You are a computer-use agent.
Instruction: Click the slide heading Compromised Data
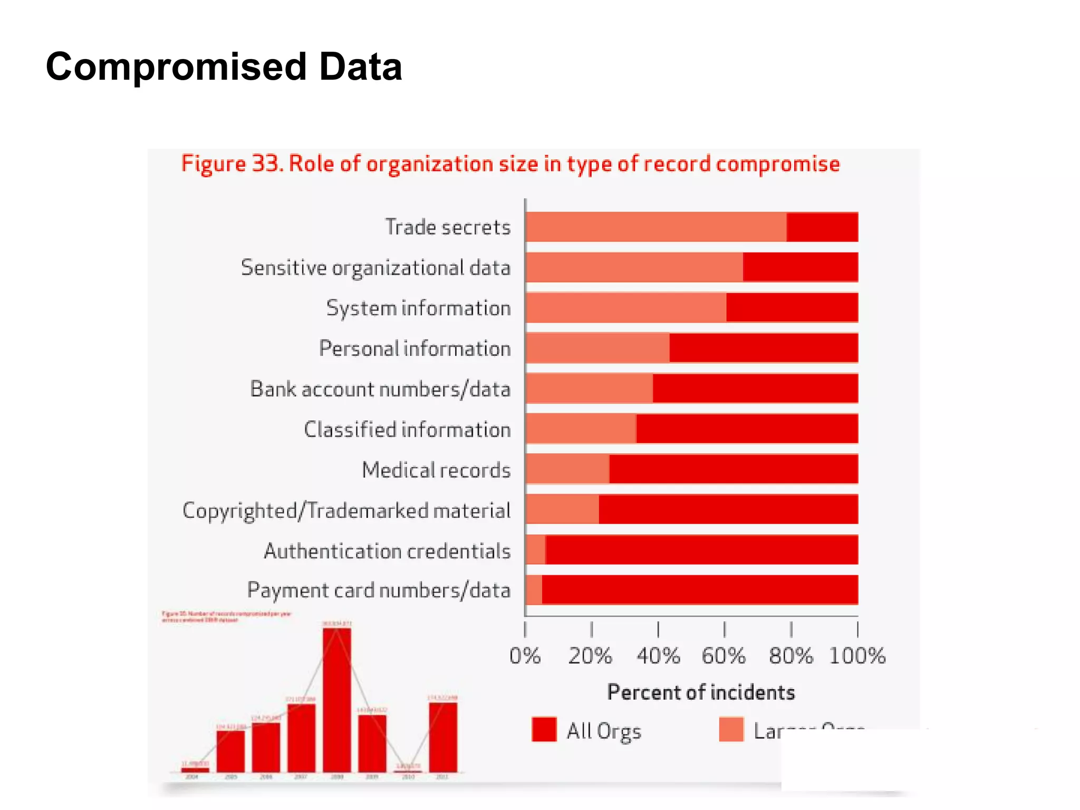point(224,67)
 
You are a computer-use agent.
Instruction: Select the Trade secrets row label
point(448,227)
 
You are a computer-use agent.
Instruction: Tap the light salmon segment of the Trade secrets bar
point(655,227)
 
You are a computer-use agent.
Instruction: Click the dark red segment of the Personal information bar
point(763,348)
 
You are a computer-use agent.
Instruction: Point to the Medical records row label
point(436,470)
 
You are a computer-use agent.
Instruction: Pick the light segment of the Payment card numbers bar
point(534,590)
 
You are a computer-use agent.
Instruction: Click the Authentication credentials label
point(387,551)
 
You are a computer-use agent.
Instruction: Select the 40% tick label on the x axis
point(658,656)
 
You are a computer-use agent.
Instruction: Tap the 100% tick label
point(857,656)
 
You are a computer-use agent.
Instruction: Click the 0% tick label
point(525,656)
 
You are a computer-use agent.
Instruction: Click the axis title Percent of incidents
point(701,692)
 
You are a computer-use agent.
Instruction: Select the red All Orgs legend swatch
point(544,730)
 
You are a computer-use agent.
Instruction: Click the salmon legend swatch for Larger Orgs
point(731,730)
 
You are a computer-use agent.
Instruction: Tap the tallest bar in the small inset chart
point(336,699)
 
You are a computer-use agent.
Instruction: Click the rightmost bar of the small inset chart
point(443,737)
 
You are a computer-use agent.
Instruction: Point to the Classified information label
point(407,430)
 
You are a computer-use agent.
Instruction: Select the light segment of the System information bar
point(625,308)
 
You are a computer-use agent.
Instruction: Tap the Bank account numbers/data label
point(380,389)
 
